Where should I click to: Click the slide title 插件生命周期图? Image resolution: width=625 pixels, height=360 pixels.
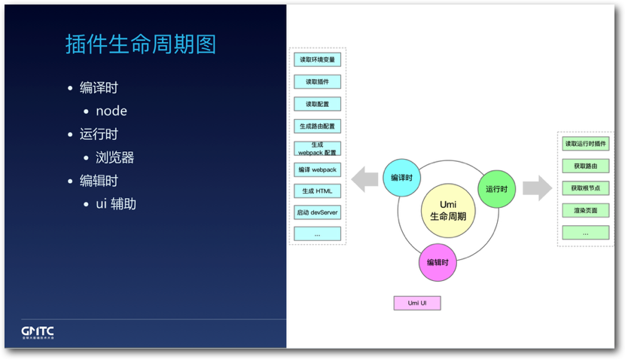click(x=141, y=44)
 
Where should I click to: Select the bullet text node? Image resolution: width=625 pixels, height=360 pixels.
click(x=111, y=111)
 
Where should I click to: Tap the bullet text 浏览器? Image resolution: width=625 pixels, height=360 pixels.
click(x=114, y=157)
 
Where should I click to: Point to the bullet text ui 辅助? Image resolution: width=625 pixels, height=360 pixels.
click(x=116, y=203)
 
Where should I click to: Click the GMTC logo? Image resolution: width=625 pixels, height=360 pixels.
click(x=38, y=332)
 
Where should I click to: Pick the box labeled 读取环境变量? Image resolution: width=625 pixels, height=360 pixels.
click(x=317, y=60)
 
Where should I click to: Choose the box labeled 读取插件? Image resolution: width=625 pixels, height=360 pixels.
click(x=317, y=82)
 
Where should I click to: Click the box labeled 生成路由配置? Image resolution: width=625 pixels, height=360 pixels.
click(x=317, y=126)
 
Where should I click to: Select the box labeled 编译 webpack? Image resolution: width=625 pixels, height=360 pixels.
click(x=317, y=169)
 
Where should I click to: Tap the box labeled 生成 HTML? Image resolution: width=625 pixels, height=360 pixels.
click(x=317, y=191)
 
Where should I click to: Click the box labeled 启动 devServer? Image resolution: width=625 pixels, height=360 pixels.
click(x=317, y=213)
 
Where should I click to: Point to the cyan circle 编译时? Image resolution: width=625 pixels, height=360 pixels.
click(x=401, y=178)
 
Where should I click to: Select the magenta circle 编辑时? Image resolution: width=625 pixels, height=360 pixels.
click(x=437, y=262)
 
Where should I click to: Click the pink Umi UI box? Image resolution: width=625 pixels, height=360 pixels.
click(x=416, y=303)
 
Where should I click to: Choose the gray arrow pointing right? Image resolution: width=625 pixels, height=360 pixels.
click(x=537, y=188)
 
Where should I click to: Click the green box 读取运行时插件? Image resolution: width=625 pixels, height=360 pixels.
click(x=585, y=144)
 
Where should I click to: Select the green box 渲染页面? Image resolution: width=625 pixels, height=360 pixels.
click(x=585, y=210)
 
